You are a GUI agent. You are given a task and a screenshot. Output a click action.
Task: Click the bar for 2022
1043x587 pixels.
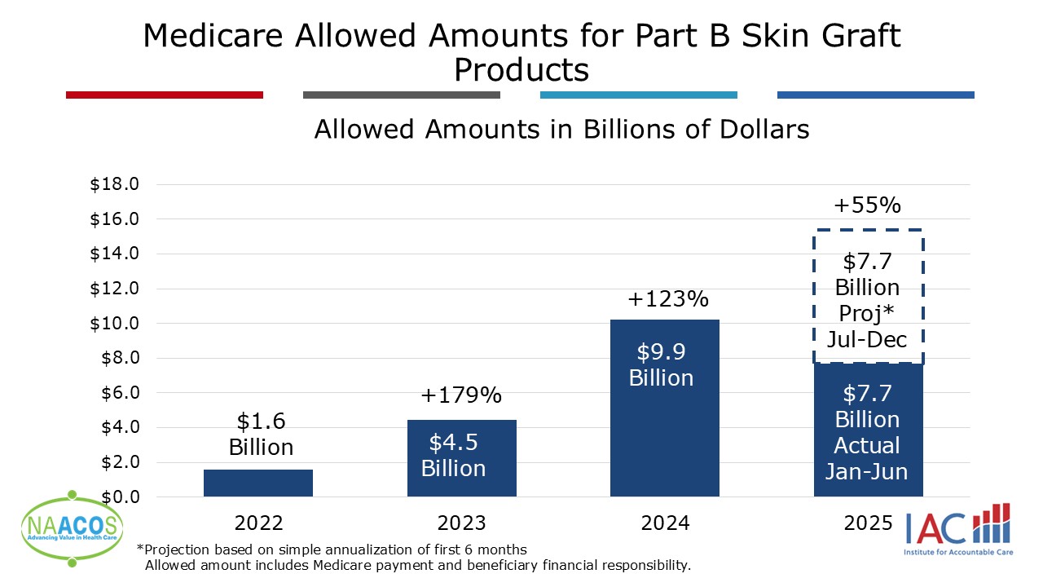point(257,483)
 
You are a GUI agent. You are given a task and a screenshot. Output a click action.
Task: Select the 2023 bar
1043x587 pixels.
point(461,457)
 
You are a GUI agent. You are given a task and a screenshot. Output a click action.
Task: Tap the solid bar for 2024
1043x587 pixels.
point(664,408)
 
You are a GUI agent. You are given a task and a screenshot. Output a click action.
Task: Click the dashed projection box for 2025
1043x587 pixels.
point(868,297)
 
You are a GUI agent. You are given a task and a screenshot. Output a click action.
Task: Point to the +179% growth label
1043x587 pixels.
point(461,396)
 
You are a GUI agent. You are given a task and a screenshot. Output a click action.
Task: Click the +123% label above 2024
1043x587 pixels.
point(668,299)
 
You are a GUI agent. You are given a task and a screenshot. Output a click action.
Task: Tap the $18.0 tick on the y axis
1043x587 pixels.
point(114,184)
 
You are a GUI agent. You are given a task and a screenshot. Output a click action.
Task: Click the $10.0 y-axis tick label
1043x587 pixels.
point(114,323)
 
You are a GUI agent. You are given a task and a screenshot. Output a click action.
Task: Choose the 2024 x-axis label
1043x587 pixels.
point(665,523)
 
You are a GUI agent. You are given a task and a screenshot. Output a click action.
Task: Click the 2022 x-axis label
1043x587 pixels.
point(258,523)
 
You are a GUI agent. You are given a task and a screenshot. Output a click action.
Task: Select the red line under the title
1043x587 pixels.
point(165,95)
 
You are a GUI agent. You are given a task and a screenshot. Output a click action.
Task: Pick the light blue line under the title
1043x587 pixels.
point(638,95)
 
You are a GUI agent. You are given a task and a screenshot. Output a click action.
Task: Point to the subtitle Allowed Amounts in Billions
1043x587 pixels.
point(561,130)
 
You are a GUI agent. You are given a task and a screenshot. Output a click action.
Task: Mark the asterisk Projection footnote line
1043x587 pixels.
point(332,549)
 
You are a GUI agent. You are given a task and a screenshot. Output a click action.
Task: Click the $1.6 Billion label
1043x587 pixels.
point(261,434)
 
